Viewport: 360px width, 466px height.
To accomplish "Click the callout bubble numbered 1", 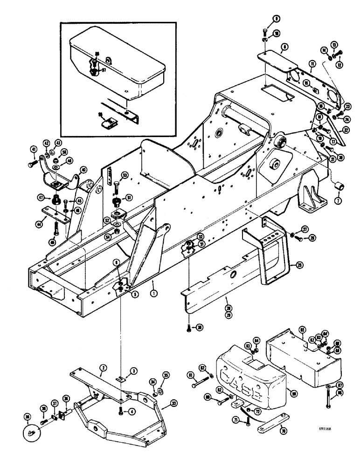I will point(153,294).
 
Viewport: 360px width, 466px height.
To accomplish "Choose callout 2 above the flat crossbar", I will point(101,368).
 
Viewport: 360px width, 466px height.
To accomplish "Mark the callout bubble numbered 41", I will point(34,149).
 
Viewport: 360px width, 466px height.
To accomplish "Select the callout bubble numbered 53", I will point(125,175).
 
